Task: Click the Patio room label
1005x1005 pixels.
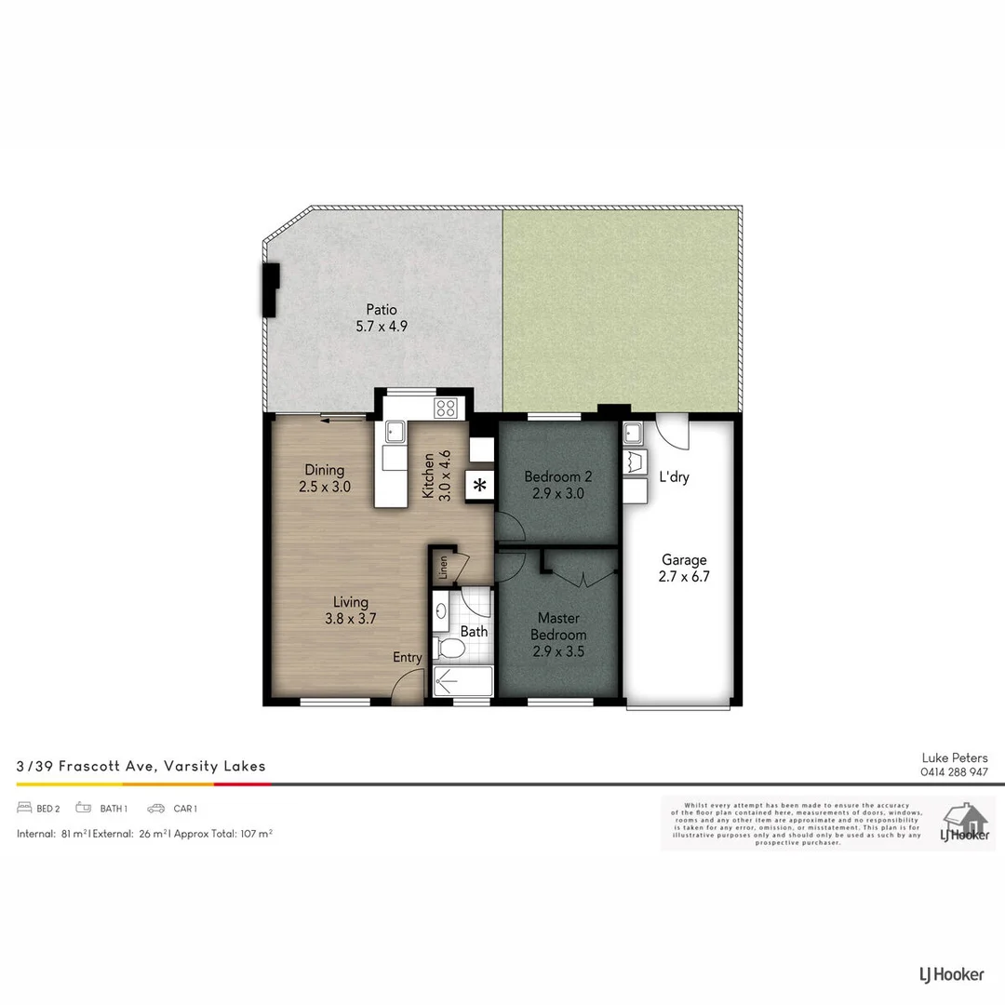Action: pos(382,310)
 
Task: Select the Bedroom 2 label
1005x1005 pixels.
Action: pos(557,476)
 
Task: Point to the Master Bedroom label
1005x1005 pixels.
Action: pos(558,626)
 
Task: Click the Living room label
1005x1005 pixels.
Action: pos(351,602)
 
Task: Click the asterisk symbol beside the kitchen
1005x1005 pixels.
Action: pos(480,485)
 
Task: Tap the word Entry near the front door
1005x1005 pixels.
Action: pos(407,658)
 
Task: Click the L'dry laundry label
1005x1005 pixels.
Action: pos(674,476)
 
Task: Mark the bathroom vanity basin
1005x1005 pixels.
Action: pos(441,611)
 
